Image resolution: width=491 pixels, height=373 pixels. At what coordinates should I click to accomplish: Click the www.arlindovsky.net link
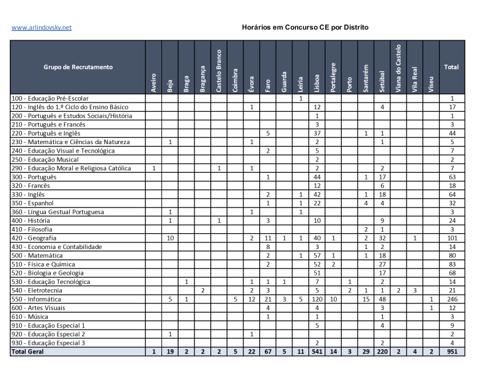coord(42,27)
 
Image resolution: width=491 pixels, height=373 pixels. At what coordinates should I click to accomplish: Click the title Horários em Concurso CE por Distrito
coord(305,27)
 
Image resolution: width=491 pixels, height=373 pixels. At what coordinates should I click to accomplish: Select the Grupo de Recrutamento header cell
coord(78,67)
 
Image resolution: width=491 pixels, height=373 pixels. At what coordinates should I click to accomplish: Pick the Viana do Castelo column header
coord(399,68)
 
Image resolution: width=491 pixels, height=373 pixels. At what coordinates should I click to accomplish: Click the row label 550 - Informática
coord(37,299)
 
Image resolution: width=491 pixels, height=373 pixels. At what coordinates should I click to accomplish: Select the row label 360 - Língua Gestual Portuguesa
coord(58,212)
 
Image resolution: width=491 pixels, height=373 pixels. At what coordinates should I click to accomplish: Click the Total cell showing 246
coord(452,299)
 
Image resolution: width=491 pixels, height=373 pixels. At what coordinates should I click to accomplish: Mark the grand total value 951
coord(452,352)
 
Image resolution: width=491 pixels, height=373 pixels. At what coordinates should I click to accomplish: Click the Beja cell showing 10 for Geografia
coord(169,238)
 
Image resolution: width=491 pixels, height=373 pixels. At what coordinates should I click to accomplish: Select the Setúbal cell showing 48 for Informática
coord(382,299)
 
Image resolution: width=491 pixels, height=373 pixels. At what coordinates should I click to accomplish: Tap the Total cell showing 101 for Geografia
coord(452,238)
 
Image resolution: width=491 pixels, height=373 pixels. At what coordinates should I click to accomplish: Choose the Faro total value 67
coord(268,352)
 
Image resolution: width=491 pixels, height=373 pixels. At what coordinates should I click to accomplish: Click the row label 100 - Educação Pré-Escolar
coord(51,98)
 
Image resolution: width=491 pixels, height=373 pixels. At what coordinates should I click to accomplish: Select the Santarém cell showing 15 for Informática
coord(366,299)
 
